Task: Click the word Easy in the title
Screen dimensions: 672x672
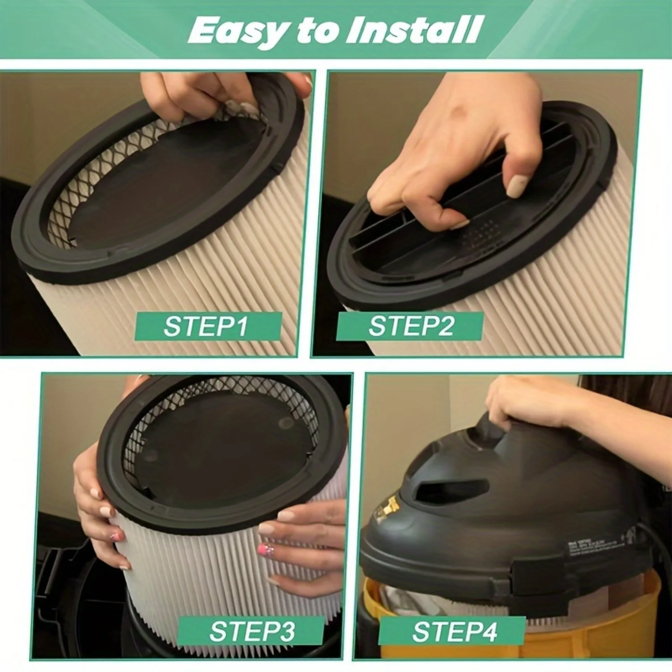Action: tap(237, 30)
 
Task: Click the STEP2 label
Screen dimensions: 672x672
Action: tap(410, 326)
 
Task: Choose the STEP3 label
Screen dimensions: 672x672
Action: tap(251, 631)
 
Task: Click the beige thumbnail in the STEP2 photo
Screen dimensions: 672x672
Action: tap(518, 185)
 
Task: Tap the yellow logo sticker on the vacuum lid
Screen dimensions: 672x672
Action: tap(388, 508)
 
